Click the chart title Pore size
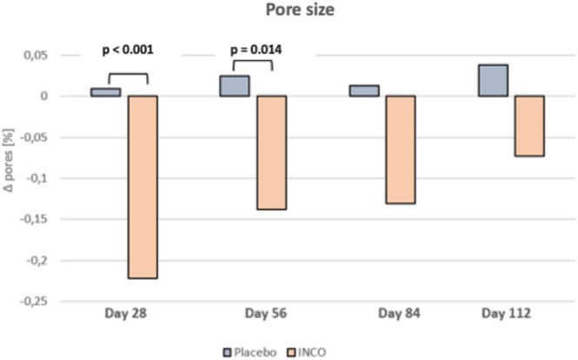[300, 10]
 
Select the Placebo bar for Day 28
[106, 92]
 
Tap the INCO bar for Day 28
[143, 187]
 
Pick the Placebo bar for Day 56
[235, 86]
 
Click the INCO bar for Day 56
[272, 152]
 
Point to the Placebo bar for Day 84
[364, 90]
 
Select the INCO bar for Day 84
[401, 150]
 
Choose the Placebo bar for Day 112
[493, 80]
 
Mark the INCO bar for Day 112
[529, 126]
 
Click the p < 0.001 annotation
[128, 50]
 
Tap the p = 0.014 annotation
[256, 50]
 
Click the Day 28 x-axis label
[126, 314]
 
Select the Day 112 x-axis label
[507, 314]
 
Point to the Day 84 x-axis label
[399, 314]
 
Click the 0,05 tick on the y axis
[36, 56]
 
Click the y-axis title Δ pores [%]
[9, 160]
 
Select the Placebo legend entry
[250, 352]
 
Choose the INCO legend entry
[307, 352]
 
